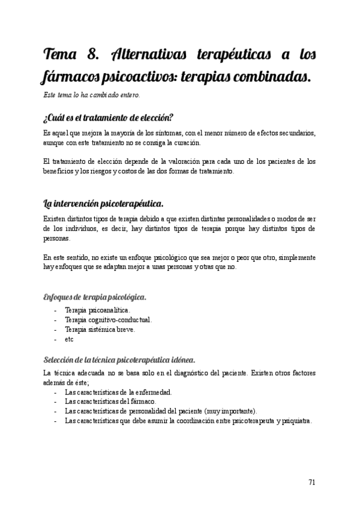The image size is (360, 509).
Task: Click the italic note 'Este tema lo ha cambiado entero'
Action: coord(92,95)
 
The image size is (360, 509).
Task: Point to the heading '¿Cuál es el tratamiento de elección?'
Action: coord(108,117)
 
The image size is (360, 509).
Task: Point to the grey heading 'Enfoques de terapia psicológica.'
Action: coord(95,297)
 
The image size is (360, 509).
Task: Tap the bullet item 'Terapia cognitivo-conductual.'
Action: coord(108,320)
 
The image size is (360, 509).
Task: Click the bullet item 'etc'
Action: coord(68,339)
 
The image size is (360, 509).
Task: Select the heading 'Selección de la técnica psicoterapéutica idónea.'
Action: coord(119,360)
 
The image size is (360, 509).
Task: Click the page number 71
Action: coord(312,482)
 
